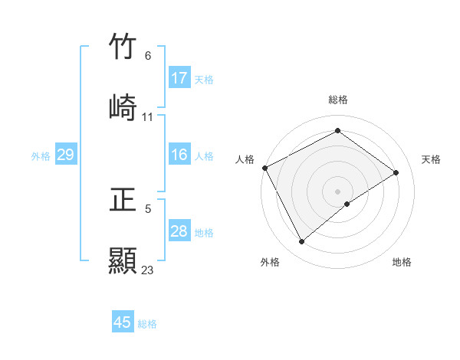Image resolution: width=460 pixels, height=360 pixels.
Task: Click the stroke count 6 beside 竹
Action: (148, 56)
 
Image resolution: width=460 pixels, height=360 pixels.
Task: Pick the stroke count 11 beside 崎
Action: (148, 117)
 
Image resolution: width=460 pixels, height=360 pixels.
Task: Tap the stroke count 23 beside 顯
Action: (148, 270)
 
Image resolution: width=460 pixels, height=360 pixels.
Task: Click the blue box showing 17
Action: (179, 78)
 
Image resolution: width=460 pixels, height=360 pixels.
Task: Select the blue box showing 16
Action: (179, 155)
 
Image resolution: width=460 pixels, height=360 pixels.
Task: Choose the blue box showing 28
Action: (179, 231)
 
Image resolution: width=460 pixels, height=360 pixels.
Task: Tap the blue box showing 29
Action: (65, 155)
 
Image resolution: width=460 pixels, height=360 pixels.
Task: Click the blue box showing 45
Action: (123, 322)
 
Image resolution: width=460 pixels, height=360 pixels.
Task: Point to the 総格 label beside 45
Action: (147, 324)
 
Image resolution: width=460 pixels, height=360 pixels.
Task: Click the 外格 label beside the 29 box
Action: (41, 156)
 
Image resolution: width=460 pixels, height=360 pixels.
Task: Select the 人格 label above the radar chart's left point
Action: (245, 159)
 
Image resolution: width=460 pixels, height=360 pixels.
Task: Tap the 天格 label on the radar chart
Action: (431, 159)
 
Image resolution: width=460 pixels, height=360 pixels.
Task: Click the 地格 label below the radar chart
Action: (402, 262)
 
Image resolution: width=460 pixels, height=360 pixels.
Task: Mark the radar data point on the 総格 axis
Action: (337, 131)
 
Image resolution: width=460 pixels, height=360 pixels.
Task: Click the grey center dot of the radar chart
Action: (337, 191)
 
